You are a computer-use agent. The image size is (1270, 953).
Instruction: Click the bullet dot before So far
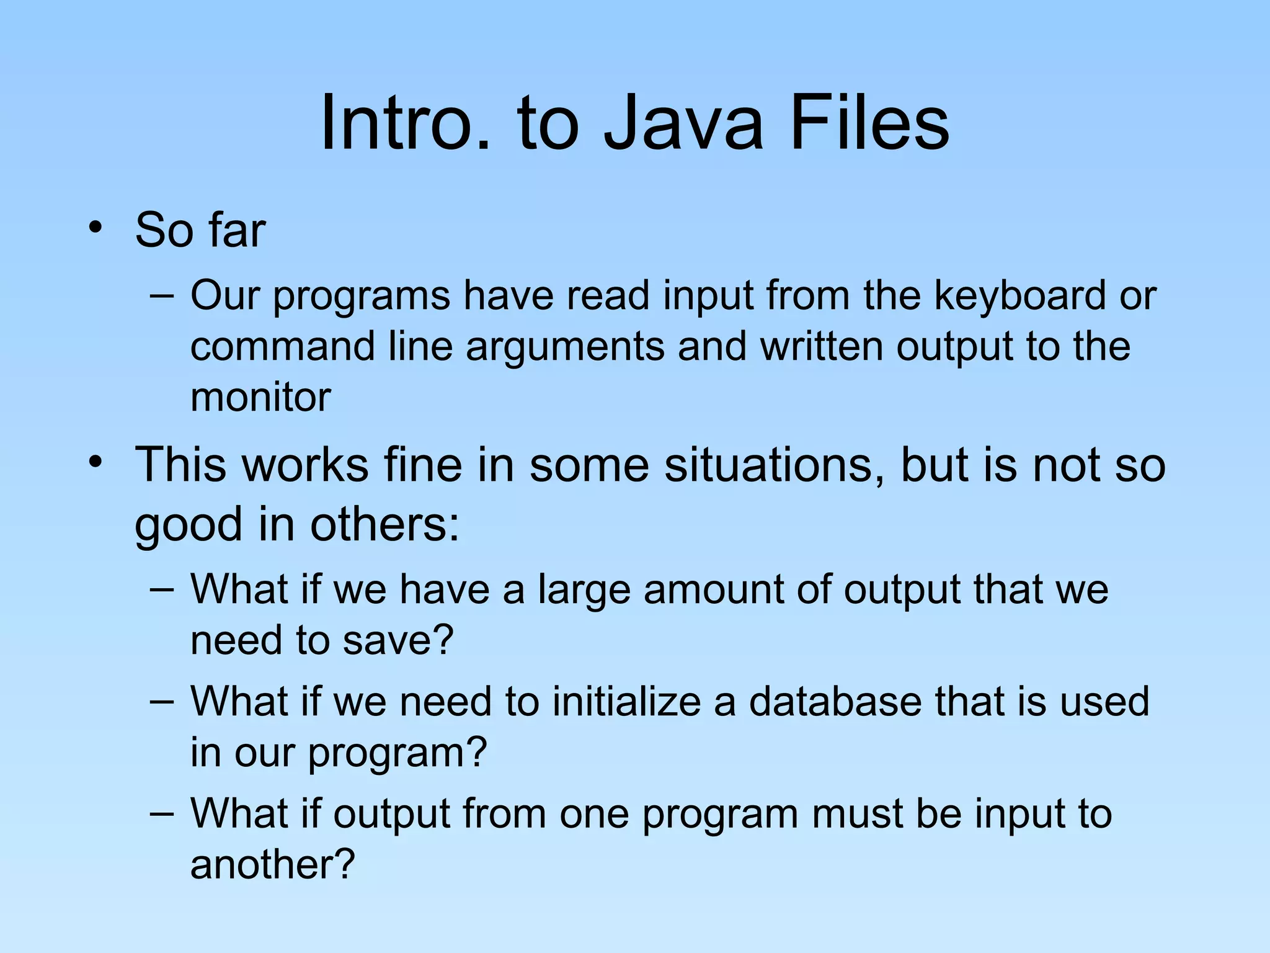[95, 226]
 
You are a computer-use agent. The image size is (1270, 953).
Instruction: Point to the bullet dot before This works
[95, 462]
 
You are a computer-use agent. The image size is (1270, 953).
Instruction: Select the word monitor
[260, 397]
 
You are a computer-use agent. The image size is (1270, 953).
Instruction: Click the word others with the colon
[384, 525]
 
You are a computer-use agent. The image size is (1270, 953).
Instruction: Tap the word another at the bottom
[272, 864]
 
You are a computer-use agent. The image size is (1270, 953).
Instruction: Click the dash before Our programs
[162, 295]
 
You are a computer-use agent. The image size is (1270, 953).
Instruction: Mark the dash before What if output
[162, 813]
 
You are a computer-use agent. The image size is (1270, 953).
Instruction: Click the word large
[584, 590]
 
